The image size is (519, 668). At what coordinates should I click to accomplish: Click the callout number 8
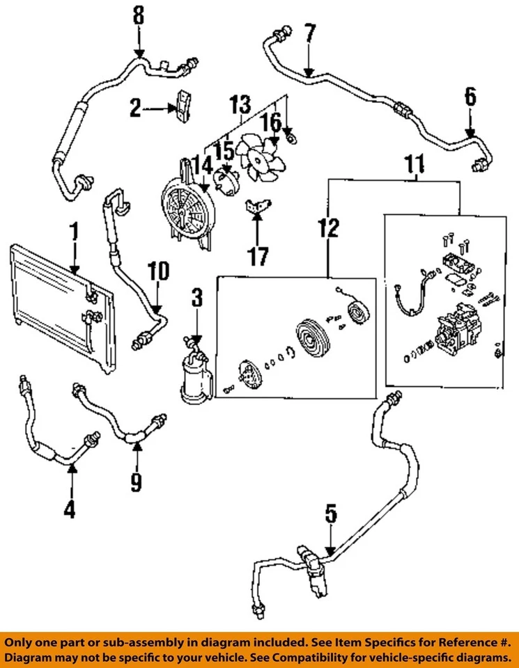(139, 15)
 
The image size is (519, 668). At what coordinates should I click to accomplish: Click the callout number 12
(330, 227)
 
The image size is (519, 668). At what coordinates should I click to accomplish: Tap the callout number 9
(137, 479)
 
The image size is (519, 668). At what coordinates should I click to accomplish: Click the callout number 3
(197, 299)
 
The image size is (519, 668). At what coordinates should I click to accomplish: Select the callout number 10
(158, 271)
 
